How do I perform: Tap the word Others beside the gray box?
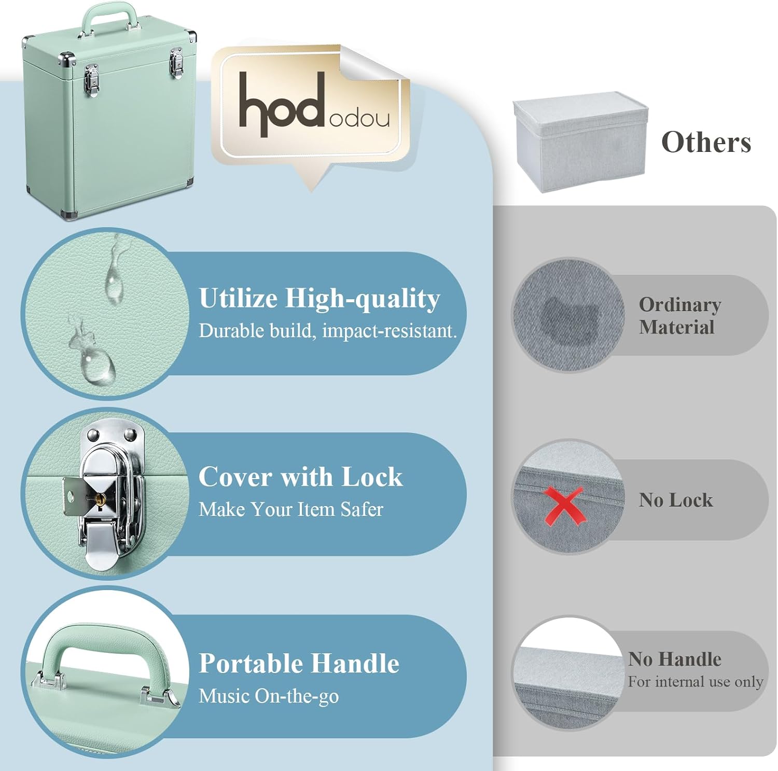pos(706,142)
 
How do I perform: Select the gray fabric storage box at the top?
pos(580,142)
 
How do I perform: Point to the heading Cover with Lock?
pos(300,476)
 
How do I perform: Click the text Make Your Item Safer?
pos(291,510)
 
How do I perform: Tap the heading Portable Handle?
pos(299,663)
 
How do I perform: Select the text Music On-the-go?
pos(269,696)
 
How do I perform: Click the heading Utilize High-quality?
pos(319,299)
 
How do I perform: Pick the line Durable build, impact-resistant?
pos(328,331)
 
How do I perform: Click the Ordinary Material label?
pos(679,316)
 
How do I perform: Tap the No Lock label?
pos(676,500)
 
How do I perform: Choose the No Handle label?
pos(674,659)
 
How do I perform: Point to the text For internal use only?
pos(696,681)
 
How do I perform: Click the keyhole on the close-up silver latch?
pos(101,499)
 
